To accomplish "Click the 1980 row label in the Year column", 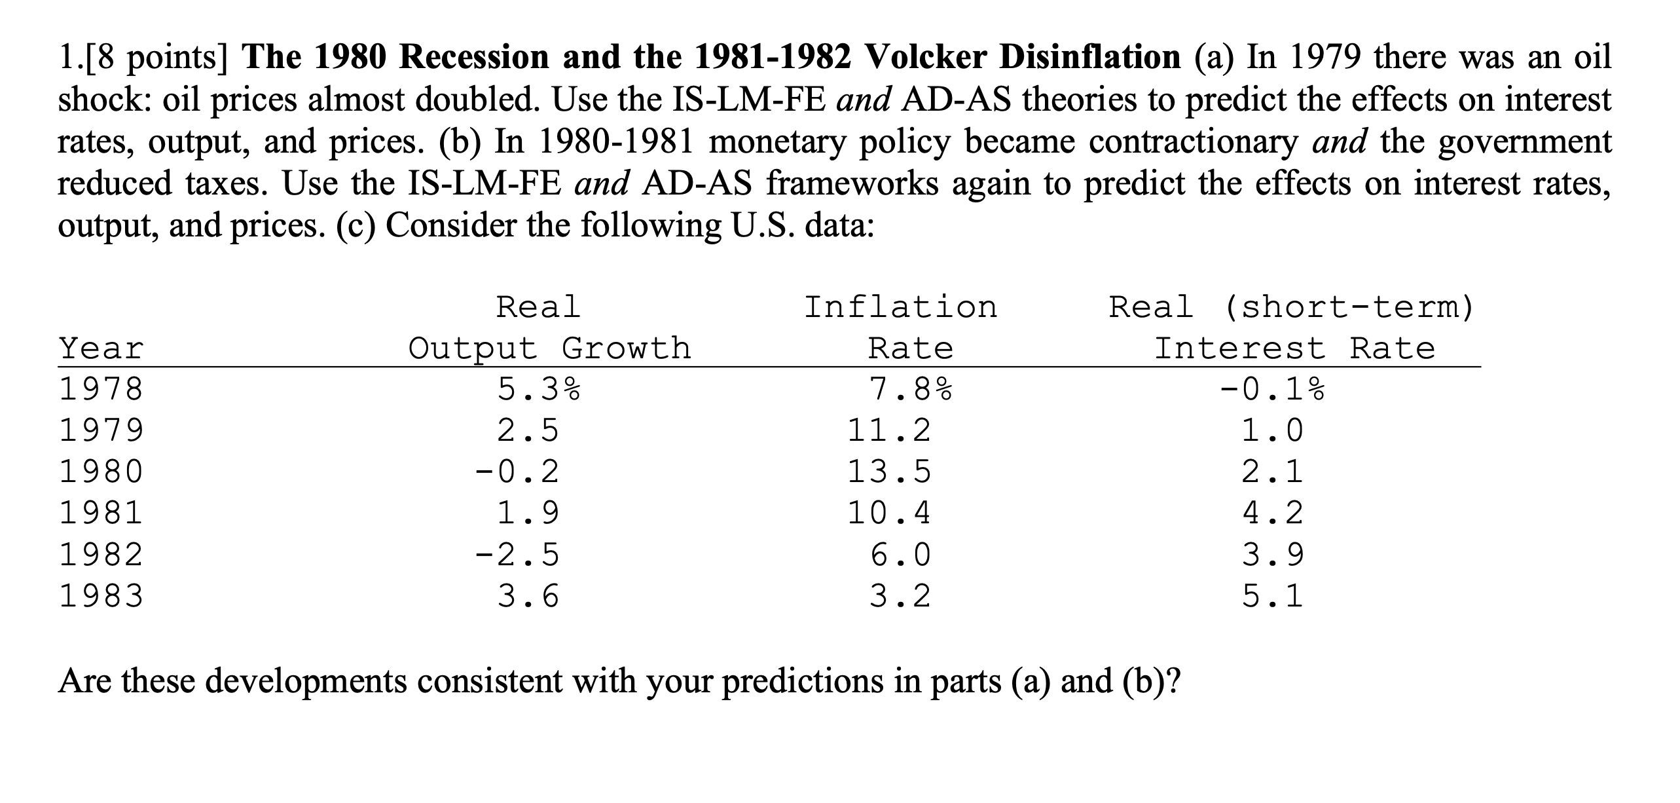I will (x=101, y=472).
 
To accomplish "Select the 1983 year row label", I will (x=101, y=596).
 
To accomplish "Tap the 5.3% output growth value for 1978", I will (x=539, y=390).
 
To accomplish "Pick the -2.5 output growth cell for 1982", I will (x=517, y=555).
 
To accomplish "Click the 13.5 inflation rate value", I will (x=889, y=472).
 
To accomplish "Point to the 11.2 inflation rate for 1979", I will (x=889, y=430).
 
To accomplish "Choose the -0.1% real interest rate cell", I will (x=1271, y=390).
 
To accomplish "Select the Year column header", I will (x=101, y=348).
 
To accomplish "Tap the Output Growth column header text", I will (x=550, y=348).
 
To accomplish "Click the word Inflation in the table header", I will (x=901, y=307).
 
